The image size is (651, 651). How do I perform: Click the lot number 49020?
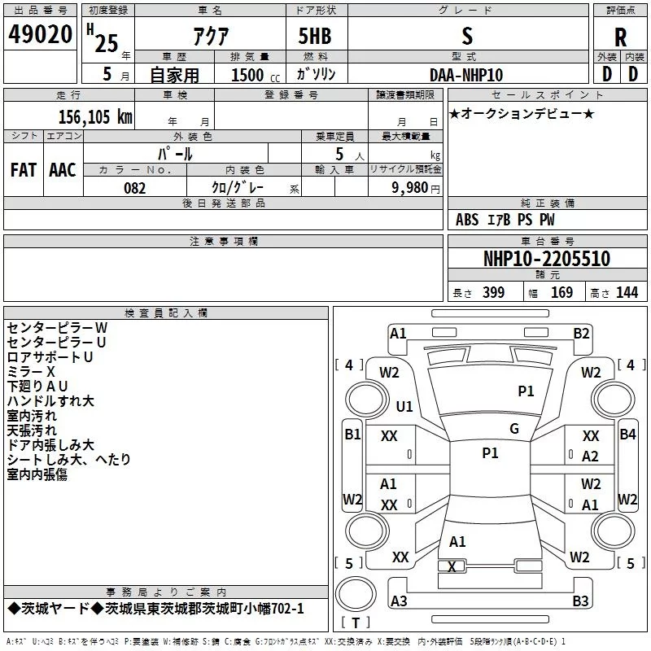41,35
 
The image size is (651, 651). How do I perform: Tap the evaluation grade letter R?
620,37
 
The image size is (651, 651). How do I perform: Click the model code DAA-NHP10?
466,75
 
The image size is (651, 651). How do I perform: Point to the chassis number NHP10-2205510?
546,259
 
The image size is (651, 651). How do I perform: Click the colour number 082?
134,188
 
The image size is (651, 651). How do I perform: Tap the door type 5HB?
315,37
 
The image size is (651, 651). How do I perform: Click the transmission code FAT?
24,169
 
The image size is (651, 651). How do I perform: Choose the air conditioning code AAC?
63,169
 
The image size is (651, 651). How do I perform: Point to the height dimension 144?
627,293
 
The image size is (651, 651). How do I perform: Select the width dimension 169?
561,293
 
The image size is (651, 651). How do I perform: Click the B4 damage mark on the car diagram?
627,435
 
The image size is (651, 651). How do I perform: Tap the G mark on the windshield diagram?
514,429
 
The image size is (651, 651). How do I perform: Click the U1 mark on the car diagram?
404,406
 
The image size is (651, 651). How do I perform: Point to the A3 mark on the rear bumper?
399,601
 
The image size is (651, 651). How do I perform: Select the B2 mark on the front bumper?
581,333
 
